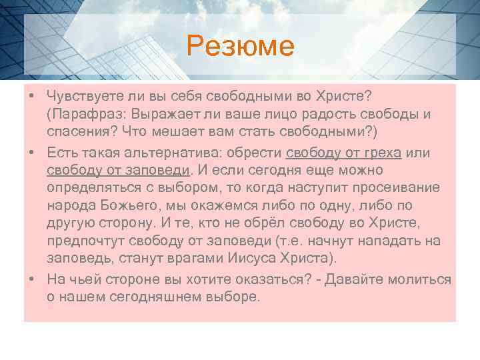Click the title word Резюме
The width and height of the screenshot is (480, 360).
[240, 46]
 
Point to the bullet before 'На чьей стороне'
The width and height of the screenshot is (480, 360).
[33, 279]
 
